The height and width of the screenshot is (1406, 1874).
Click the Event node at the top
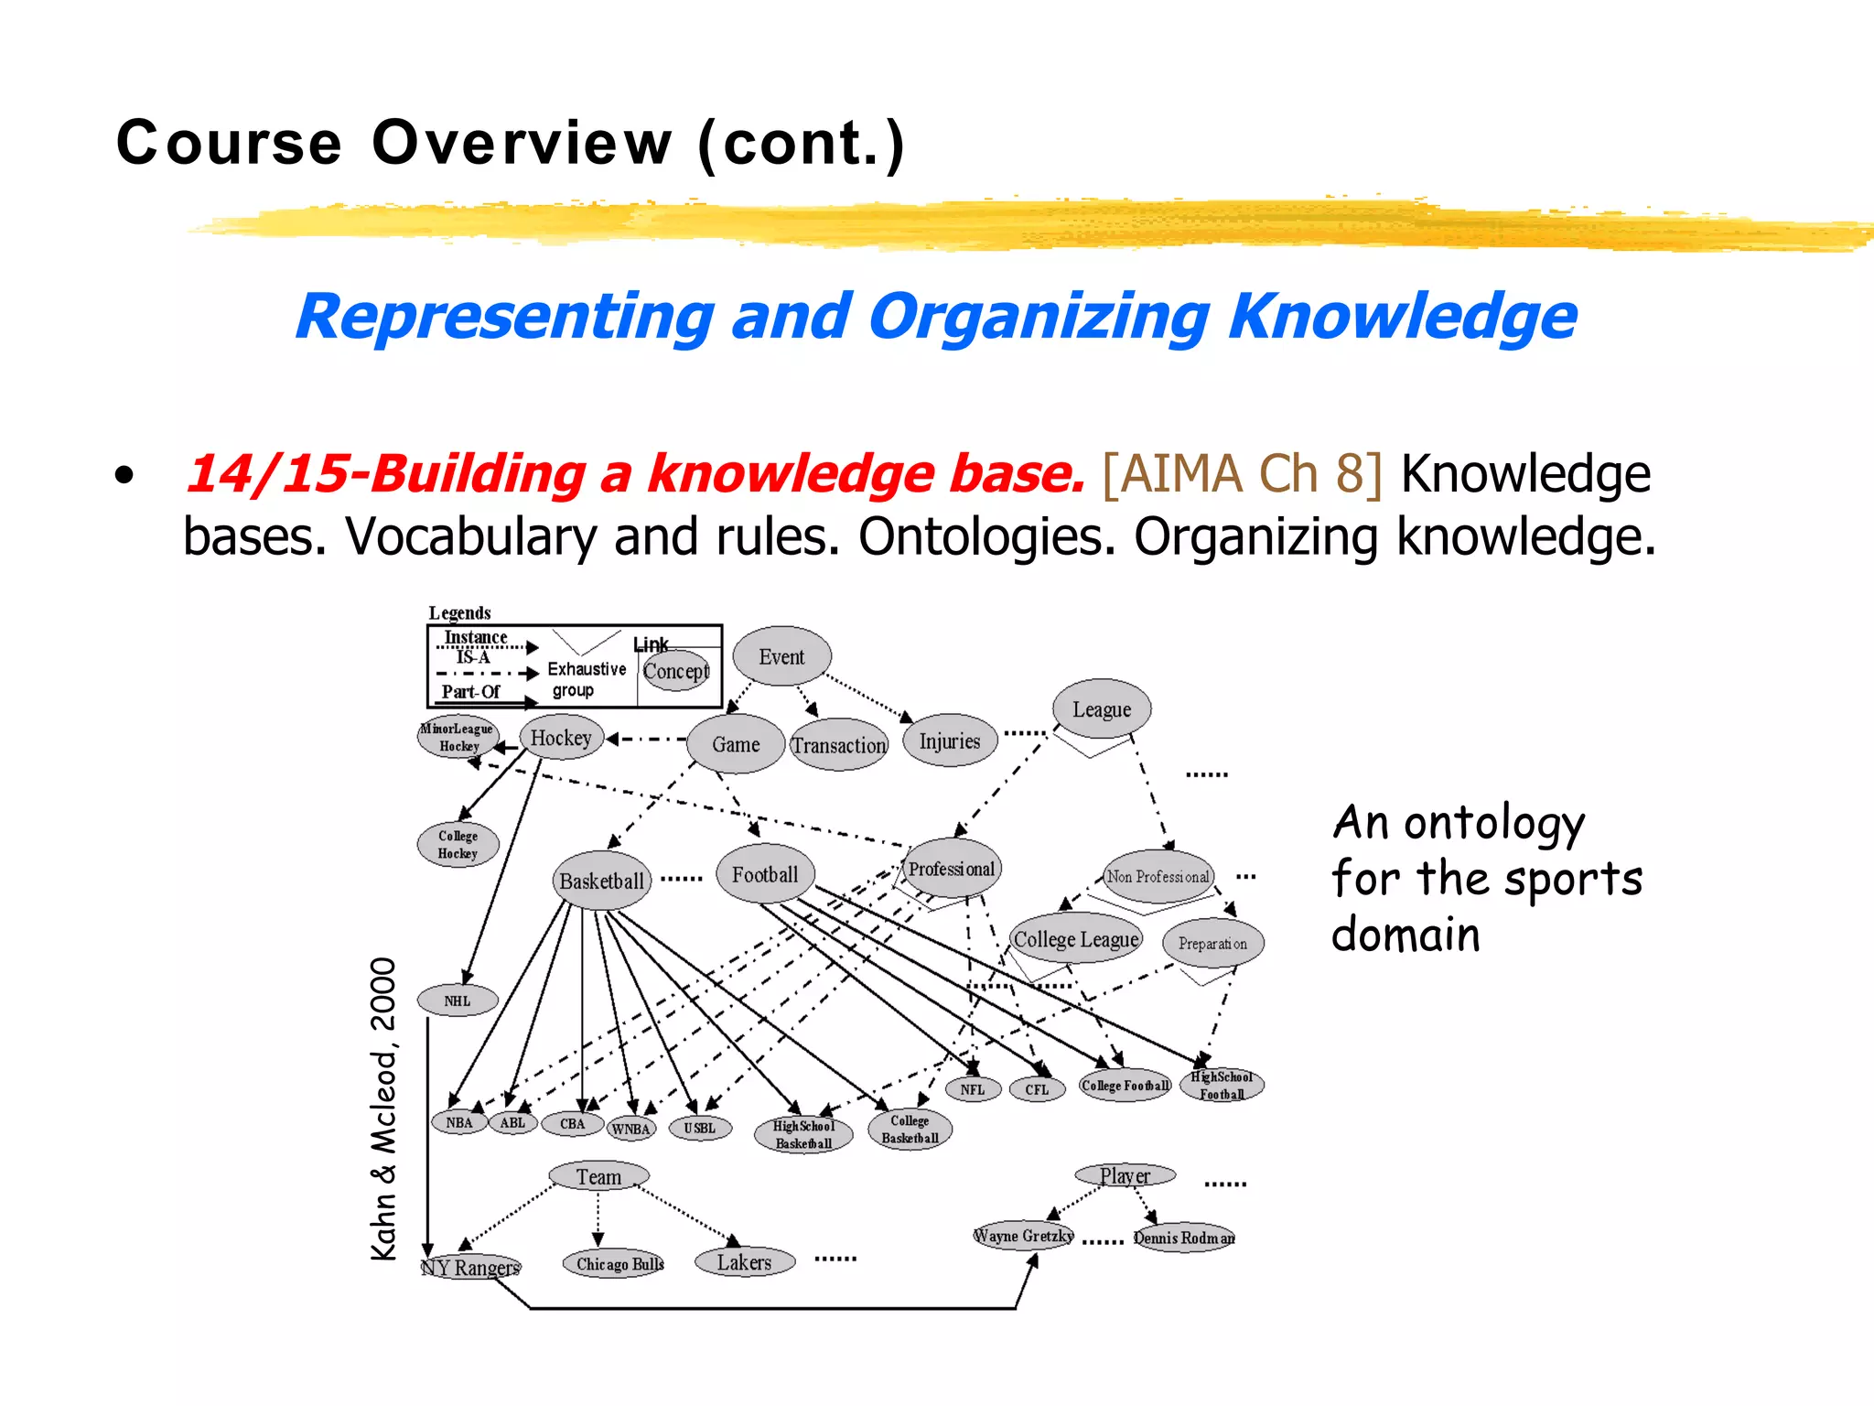click(x=781, y=656)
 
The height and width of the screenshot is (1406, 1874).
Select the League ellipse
click(x=1101, y=709)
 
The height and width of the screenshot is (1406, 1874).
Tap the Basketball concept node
click(x=601, y=881)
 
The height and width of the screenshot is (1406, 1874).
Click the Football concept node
click(x=765, y=874)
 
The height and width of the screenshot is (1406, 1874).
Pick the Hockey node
click(x=561, y=738)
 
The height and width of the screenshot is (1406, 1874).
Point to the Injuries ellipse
click(x=950, y=741)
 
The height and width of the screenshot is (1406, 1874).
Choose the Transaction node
click(x=838, y=745)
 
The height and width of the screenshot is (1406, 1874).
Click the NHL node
click(x=458, y=1000)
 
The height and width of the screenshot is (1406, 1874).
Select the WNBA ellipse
click(x=630, y=1129)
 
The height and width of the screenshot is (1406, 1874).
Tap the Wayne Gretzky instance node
click(x=1023, y=1236)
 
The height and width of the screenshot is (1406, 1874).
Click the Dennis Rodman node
click(x=1184, y=1238)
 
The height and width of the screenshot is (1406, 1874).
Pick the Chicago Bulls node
click(x=619, y=1264)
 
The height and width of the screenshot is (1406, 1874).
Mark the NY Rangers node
click(x=470, y=1267)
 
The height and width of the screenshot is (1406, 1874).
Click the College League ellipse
click(x=1076, y=939)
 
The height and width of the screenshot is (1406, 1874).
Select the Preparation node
click(x=1212, y=943)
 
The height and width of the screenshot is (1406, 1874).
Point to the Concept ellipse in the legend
click(x=675, y=671)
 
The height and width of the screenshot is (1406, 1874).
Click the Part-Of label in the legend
click(x=470, y=692)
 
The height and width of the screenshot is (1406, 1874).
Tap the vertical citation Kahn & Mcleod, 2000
click(x=384, y=1109)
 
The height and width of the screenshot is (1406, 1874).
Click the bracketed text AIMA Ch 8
click(x=1242, y=474)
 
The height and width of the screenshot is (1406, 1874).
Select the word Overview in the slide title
click(x=522, y=143)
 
